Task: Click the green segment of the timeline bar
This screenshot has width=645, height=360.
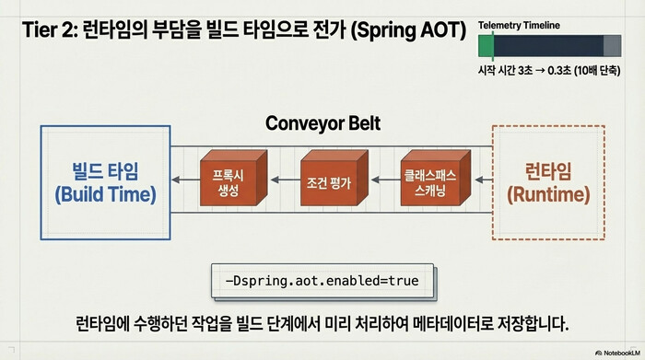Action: pos(486,46)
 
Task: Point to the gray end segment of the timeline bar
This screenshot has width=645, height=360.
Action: pos(612,46)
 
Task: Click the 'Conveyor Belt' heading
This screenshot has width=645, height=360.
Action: pos(322,123)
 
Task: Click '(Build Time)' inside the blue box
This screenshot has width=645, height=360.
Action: pos(105,194)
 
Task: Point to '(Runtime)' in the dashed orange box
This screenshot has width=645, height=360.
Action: pos(548,194)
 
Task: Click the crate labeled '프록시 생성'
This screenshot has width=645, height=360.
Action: pos(231,180)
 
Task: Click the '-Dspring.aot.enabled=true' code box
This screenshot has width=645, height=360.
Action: pos(322,281)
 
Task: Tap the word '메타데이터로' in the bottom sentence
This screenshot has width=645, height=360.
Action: pos(482,324)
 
